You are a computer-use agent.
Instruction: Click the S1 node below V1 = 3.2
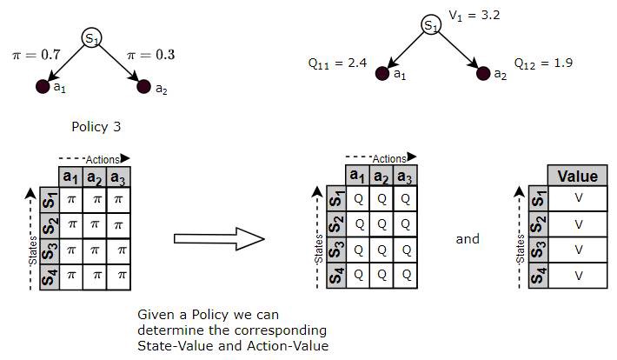[431, 26]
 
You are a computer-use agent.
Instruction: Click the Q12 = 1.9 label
[543, 63]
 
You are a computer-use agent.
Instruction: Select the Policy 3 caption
[96, 126]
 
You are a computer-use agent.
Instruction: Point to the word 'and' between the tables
[468, 238]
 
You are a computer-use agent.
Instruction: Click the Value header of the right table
[577, 176]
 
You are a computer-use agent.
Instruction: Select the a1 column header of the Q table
[355, 176]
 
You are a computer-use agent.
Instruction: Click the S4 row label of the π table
[48, 276]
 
